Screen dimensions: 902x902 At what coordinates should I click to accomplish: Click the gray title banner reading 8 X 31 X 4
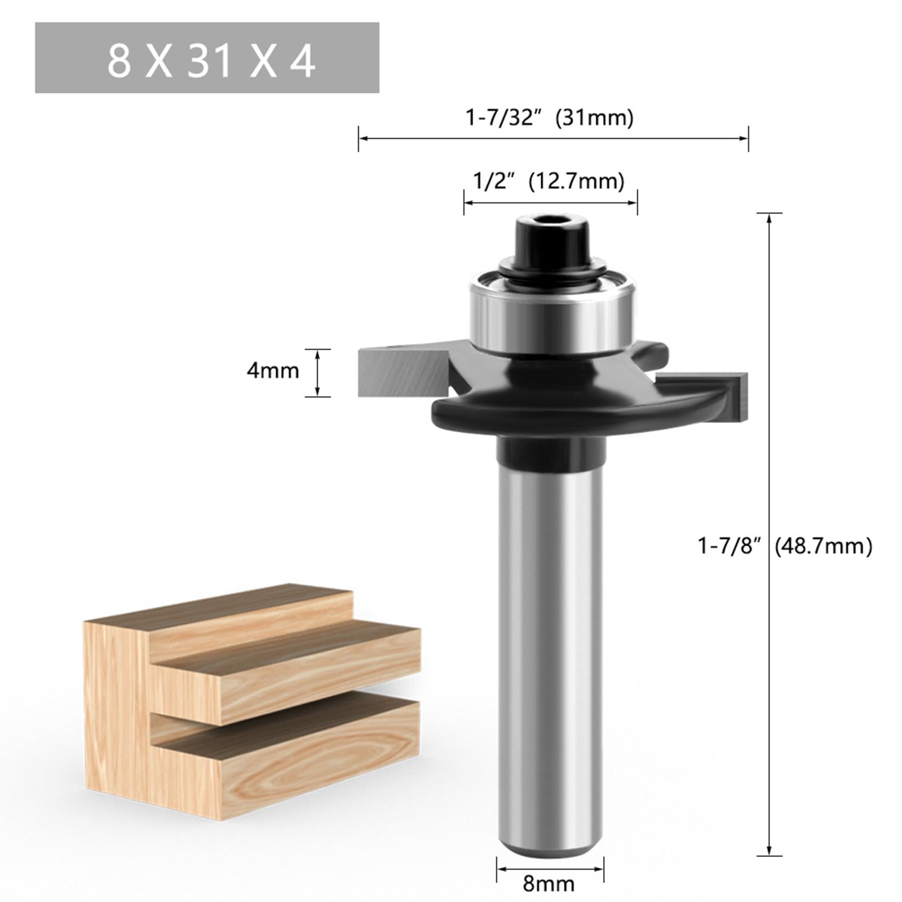coord(207,58)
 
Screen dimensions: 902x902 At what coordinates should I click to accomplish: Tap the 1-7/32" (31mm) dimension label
coord(549,118)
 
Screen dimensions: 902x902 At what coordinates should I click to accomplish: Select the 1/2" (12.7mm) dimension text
coord(548,182)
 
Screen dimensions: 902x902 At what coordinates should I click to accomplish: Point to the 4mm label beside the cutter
coord(272,371)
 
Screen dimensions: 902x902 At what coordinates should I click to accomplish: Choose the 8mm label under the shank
coord(549,883)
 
